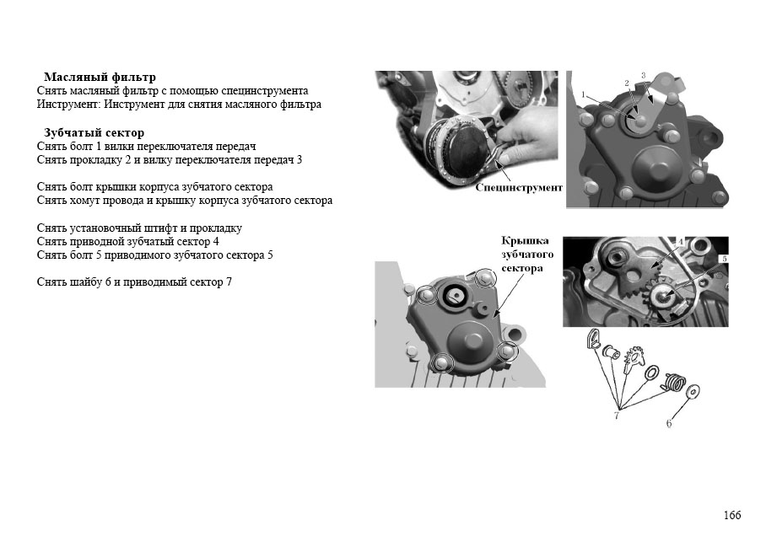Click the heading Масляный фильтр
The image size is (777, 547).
point(100,77)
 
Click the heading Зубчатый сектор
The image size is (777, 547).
point(94,132)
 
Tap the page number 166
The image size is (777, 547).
point(732,515)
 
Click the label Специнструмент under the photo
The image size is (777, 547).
point(519,188)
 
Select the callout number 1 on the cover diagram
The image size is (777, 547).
point(583,94)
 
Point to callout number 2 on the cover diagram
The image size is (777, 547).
point(626,83)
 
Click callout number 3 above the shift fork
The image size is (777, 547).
point(643,75)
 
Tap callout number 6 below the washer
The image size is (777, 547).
point(668,423)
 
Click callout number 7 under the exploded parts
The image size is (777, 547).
point(617,415)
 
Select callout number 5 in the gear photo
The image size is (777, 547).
point(724,259)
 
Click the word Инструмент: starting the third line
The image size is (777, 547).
point(69,105)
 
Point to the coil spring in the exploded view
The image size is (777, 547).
point(672,381)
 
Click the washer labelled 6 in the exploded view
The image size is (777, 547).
point(693,392)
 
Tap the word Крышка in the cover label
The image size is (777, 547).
point(525,240)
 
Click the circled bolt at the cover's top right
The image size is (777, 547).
point(484,279)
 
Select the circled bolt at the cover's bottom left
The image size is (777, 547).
point(440,362)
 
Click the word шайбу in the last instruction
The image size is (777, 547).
point(85,282)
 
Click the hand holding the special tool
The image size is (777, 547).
point(521,137)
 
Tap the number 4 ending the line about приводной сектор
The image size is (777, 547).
point(216,242)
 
